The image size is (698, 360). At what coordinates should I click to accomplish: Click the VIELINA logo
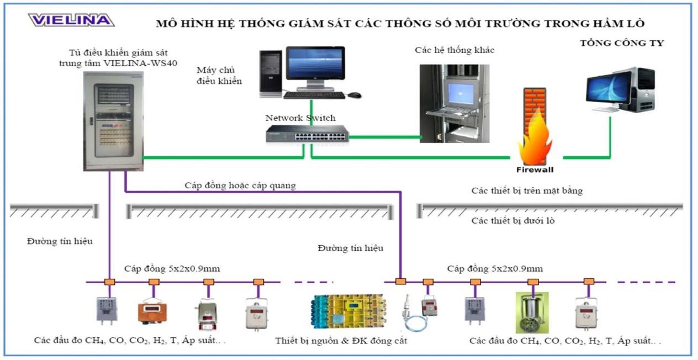(71, 20)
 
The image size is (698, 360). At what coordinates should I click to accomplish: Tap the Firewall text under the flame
(535, 170)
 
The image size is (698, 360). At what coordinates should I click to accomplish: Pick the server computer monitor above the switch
(314, 65)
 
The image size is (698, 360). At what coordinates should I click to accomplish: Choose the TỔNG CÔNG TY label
(622, 44)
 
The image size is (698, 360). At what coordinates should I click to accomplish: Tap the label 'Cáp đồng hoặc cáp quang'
(240, 186)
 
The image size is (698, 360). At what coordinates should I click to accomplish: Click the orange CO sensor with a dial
(152, 310)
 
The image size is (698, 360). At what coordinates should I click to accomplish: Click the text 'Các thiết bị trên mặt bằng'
(527, 191)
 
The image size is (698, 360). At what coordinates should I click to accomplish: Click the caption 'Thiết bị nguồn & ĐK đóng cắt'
(341, 341)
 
